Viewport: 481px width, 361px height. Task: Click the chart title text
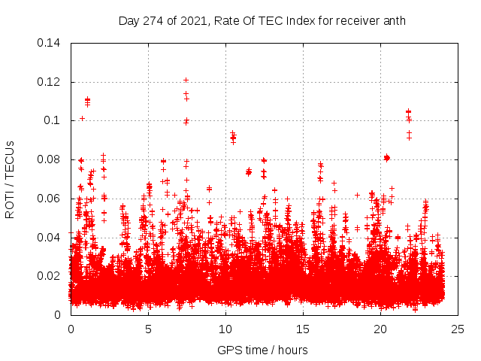coord(262,20)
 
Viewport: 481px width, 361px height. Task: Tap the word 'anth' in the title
coord(393,20)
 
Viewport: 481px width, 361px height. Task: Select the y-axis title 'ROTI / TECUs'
coord(10,179)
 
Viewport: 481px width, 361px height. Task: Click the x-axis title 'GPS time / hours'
coord(262,350)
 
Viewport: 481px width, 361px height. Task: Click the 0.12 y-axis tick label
coord(51,81)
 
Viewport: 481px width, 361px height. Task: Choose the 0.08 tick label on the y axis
coord(51,159)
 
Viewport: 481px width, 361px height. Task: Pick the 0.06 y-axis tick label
coord(51,199)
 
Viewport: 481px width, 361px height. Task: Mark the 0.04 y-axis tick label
coord(51,238)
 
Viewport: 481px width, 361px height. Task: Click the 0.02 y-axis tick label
coord(51,276)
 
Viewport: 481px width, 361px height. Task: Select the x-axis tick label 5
coord(148,329)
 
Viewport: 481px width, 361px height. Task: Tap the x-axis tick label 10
coord(225,329)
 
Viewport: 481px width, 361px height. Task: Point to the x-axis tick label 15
coord(303,329)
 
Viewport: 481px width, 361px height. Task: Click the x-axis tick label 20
coord(380,329)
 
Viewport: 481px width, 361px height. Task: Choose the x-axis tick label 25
coord(458,329)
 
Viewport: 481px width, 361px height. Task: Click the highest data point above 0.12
coord(186,80)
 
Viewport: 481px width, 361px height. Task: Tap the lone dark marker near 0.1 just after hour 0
coord(82,118)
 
